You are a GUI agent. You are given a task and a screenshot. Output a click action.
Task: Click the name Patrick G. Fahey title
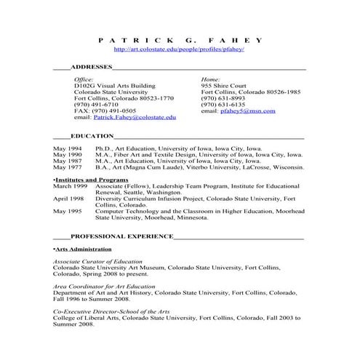[180, 39]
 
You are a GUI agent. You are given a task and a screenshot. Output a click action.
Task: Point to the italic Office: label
[84, 78]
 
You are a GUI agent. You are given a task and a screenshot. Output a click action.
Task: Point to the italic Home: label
[210, 78]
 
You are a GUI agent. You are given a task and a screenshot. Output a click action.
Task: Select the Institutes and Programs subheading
[91, 179]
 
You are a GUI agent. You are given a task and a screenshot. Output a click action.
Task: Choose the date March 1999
[70, 185]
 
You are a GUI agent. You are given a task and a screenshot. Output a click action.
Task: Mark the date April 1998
[69, 199]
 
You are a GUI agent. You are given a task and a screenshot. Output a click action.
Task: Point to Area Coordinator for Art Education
[104, 287]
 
